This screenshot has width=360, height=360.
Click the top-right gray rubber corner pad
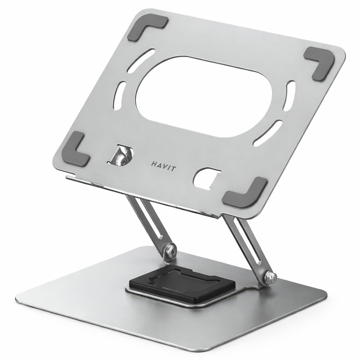point(320,62)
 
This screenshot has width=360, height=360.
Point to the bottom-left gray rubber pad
point(75,149)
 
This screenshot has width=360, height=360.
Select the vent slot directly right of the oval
point(289,96)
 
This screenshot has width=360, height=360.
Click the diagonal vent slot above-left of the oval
point(141,60)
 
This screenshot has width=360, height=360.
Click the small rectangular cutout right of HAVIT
point(206,178)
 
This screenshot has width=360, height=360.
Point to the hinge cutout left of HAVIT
point(122,155)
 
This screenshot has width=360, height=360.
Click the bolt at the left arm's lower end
point(170,250)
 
